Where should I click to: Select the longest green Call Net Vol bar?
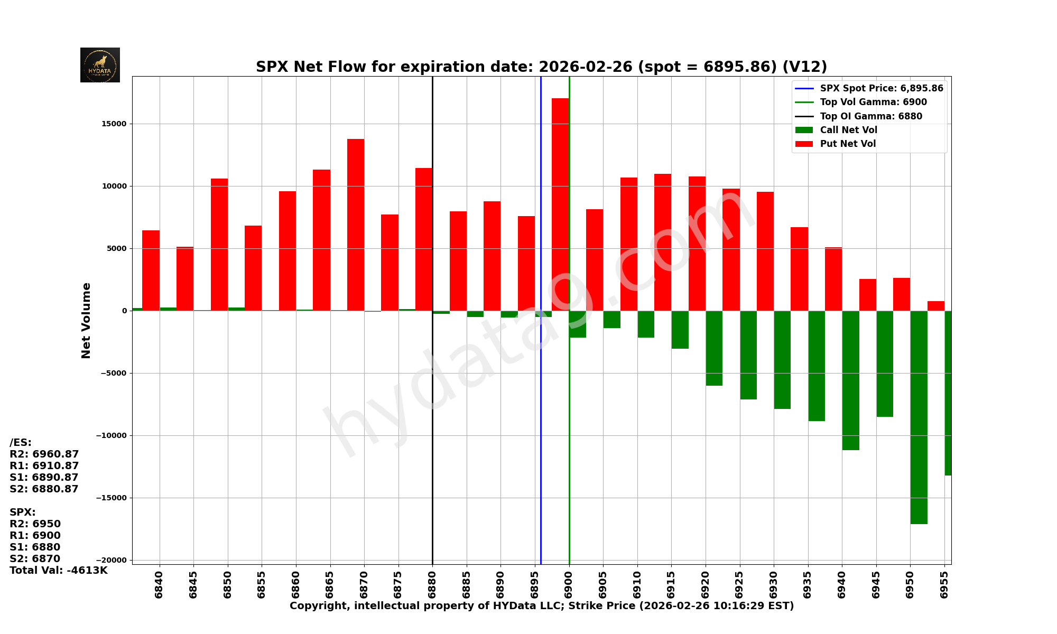(x=919, y=417)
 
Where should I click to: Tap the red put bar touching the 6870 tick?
(x=356, y=225)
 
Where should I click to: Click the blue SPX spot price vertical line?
(x=541, y=423)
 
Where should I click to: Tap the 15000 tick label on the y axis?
(x=115, y=124)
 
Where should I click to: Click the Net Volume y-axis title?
(x=86, y=320)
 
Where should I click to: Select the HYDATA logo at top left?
(x=100, y=65)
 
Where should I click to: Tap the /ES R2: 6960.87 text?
(x=44, y=454)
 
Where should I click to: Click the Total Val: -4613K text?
(x=58, y=571)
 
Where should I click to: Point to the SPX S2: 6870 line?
(x=35, y=559)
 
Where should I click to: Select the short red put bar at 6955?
(x=935, y=306)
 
